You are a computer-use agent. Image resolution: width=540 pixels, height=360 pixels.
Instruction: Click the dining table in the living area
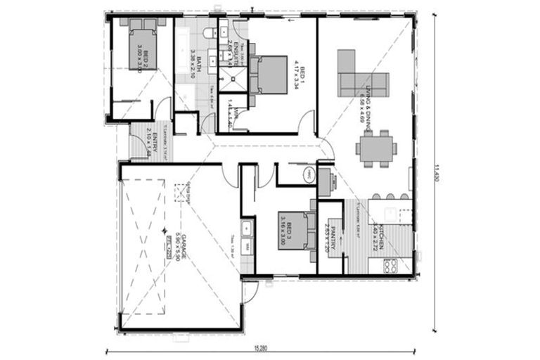pos(374,148)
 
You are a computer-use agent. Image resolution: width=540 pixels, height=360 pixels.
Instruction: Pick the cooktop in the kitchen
pos(387,266)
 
